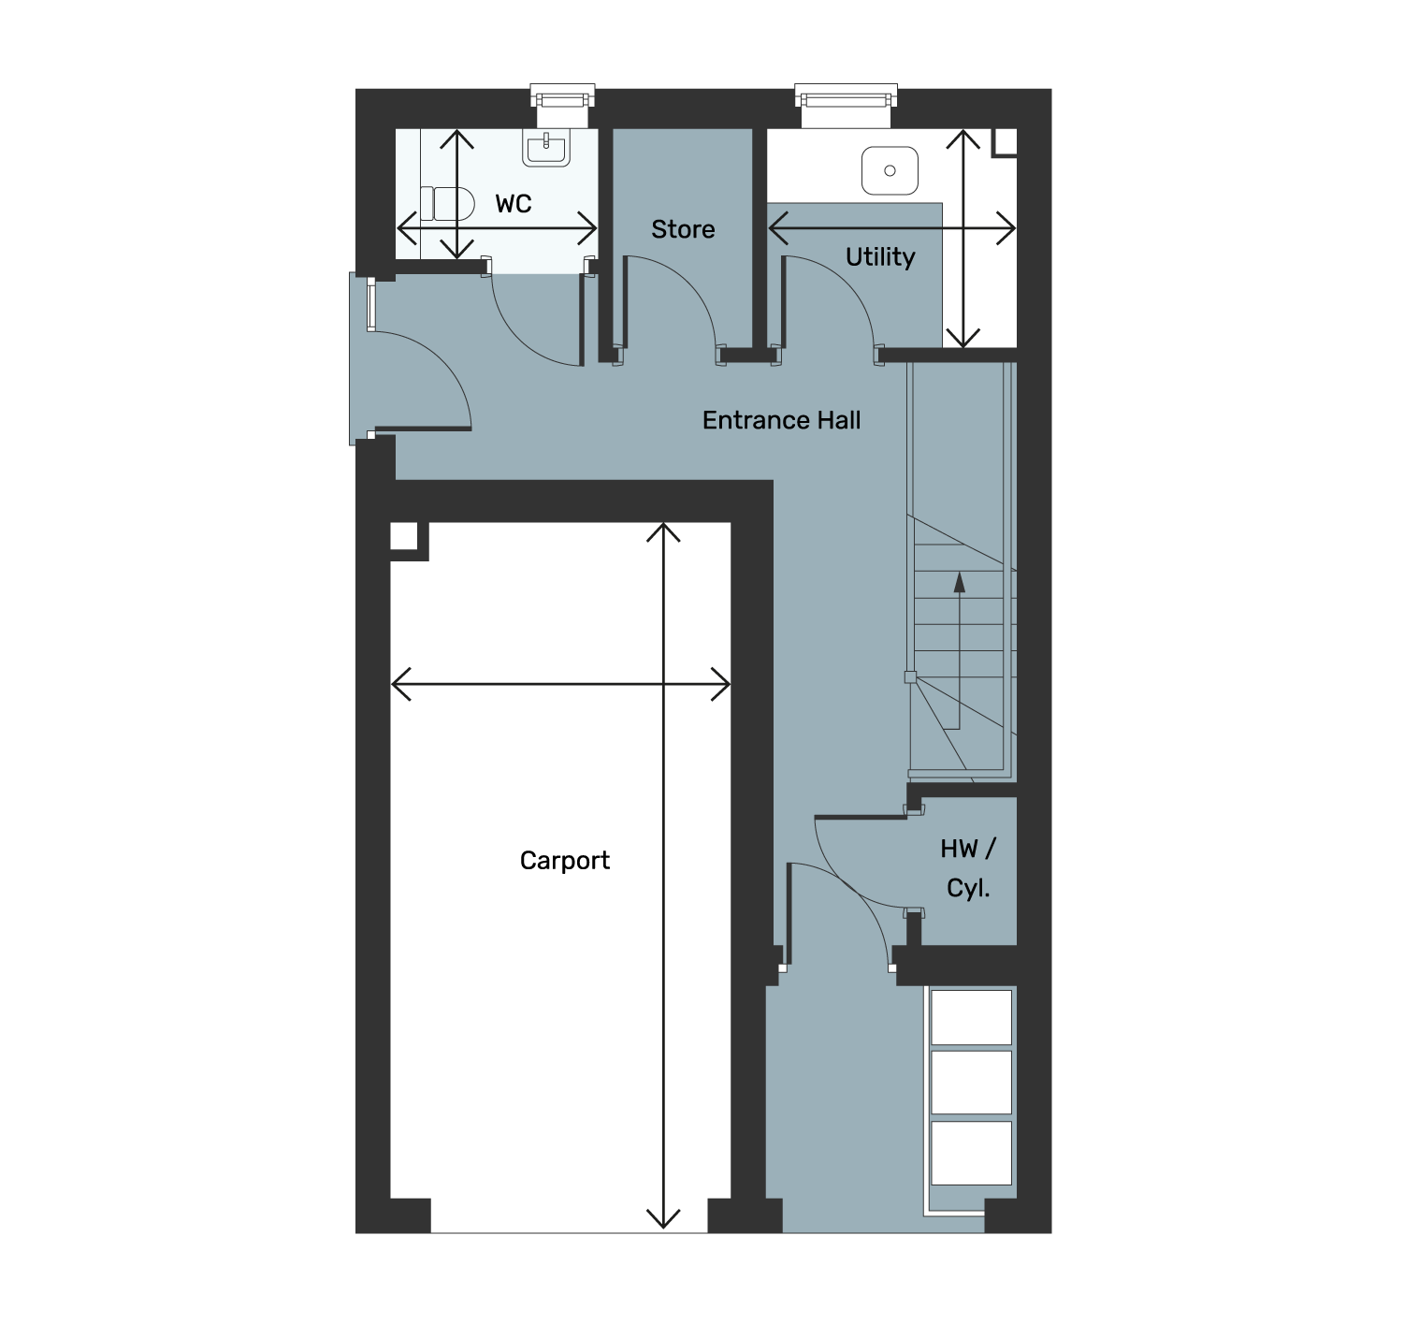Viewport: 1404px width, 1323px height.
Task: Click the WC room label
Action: (514, 204)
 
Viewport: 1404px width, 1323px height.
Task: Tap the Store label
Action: (683, 229)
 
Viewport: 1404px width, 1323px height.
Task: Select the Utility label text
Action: (880, 256)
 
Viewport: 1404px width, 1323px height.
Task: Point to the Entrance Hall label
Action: (781, 420)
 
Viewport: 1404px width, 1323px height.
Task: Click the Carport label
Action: (564, 861)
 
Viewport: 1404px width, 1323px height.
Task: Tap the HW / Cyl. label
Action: (968, 868)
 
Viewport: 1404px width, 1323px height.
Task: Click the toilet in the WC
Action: (447, 204)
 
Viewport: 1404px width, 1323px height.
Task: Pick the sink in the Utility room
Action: (890, 170)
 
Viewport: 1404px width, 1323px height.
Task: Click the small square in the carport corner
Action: (404, 535)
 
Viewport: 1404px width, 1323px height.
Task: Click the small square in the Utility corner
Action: (1006, 141)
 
